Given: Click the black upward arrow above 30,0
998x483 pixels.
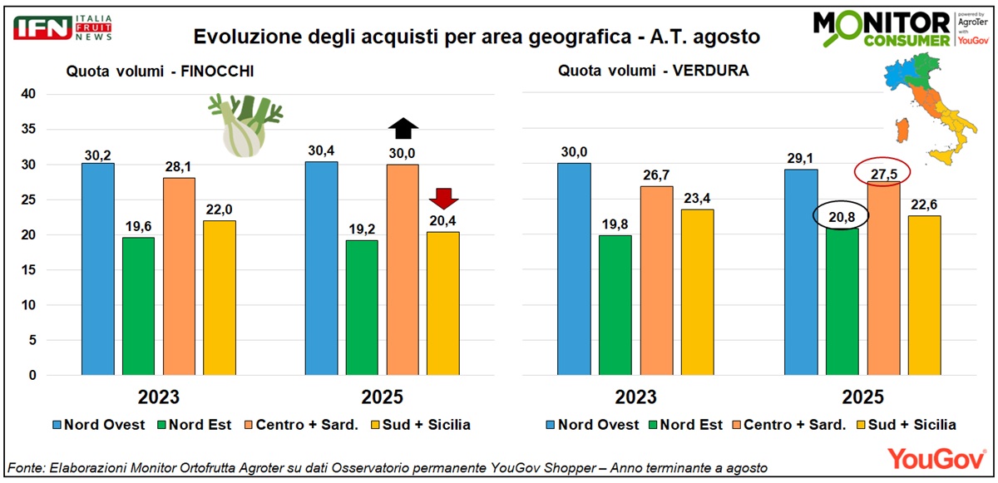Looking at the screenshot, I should (x=404, y=128).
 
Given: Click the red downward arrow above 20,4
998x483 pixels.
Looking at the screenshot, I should (x=442, y=198).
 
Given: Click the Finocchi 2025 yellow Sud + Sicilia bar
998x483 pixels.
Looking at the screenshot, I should (x=442, y=303).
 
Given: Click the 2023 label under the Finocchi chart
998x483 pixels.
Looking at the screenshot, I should (x=158, y=397).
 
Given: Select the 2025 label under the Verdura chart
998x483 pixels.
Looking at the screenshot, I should (x=863, y=397).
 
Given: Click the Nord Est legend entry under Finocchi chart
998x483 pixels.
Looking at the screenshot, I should (x=195, y=425).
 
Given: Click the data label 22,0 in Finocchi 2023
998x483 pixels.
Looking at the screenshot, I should (x=220, y=212).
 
